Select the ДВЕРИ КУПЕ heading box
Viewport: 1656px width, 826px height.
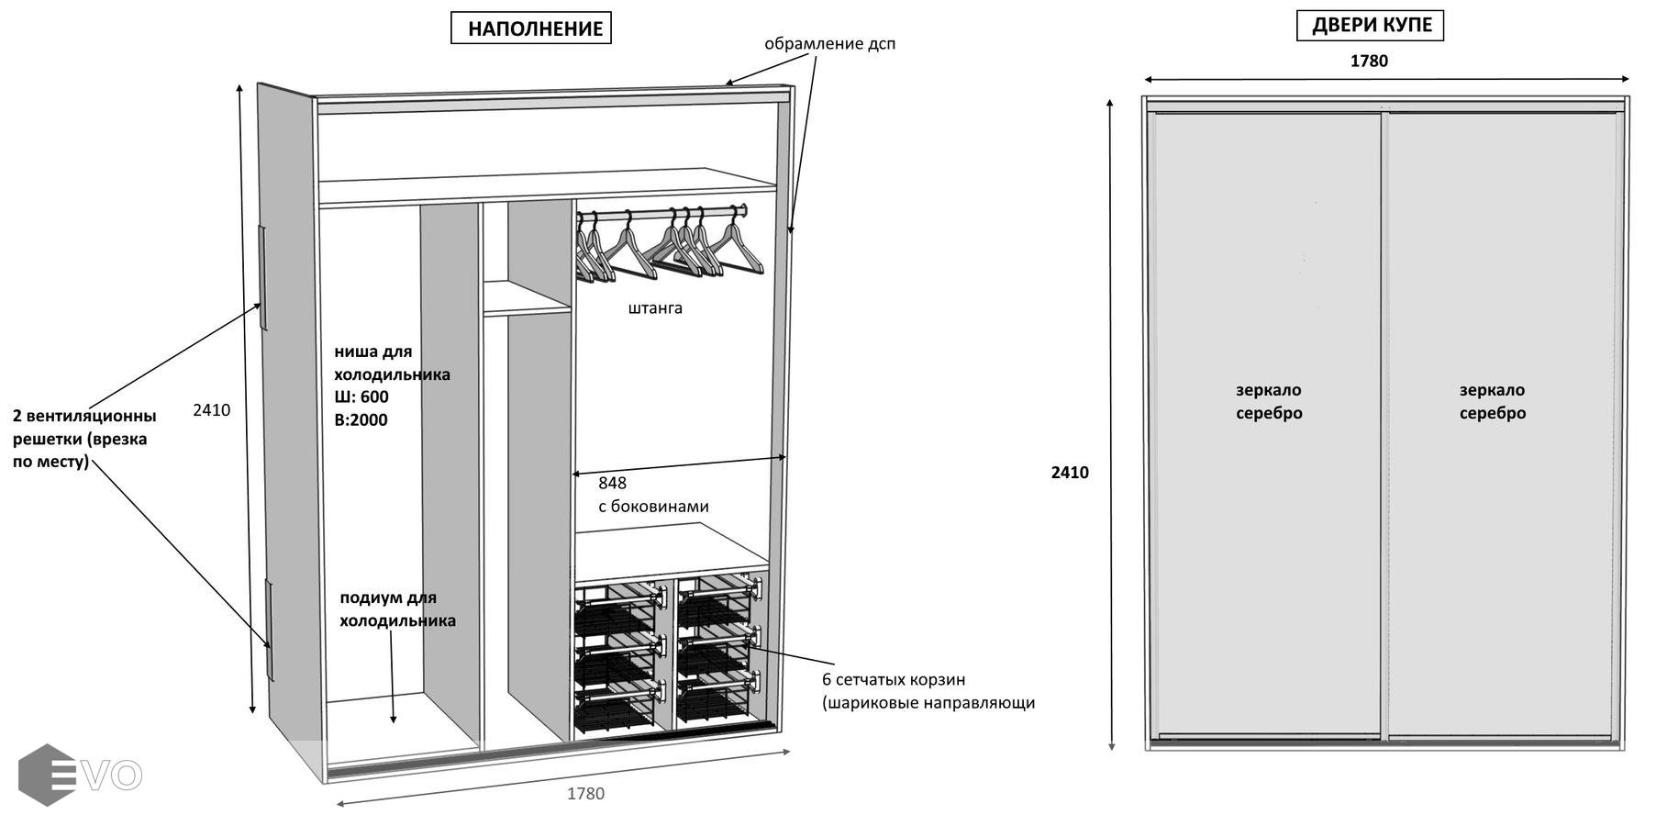(x=1371, y=26)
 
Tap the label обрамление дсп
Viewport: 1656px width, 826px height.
(x=829, y=44)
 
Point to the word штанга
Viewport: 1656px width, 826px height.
(x=655, y=308)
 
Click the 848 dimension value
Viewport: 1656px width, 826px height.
(x=612, y=484)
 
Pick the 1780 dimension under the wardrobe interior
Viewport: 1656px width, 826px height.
(x=585, y=794)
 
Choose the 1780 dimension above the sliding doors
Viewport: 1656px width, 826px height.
(x=1369, y=61)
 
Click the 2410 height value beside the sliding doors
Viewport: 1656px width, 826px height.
(x=1070, y=473)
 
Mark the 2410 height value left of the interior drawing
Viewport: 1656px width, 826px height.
(x=211, y=410)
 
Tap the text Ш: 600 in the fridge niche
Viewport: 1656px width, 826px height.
(x=361, y=397)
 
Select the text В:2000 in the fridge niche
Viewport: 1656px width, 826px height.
(x=361, y=420)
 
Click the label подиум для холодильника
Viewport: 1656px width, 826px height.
(x=396, y=609)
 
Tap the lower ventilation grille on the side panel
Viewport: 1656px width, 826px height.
(x=270, y=631)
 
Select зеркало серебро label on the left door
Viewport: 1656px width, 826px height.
(x=1269, y=402)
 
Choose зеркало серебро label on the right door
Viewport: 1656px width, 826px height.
(x=1492, y=402)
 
